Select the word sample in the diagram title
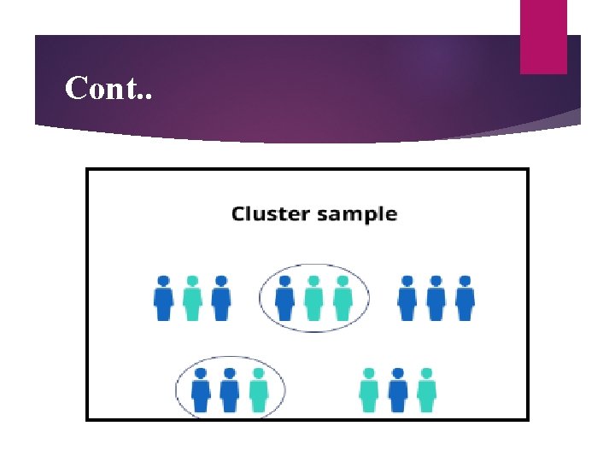click(357, 214)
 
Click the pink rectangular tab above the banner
click(543, 36)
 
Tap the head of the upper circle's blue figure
click(285, 281)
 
